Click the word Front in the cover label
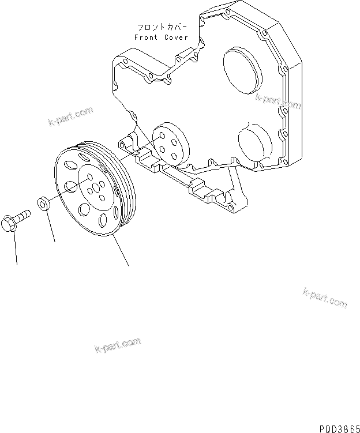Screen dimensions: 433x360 [x=145, y=37]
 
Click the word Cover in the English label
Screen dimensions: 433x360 [x=176, y=37]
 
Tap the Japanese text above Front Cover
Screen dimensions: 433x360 [x=161, y=27]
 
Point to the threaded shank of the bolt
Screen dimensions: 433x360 [x=24, y=215]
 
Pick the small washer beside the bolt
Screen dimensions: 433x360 [x=43, y=203]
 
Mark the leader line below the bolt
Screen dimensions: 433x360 [x=15, y=248]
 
